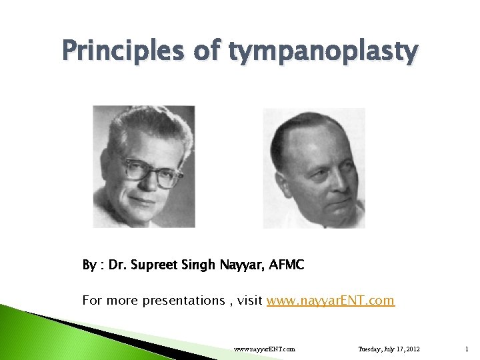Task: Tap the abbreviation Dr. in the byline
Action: [x=117, y=265]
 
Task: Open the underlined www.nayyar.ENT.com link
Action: [x=331, y=301]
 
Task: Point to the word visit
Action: [x=249, y=301]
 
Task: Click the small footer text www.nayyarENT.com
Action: [x=265, y=348]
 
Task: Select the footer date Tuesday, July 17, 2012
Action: [x=389, y=348]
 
